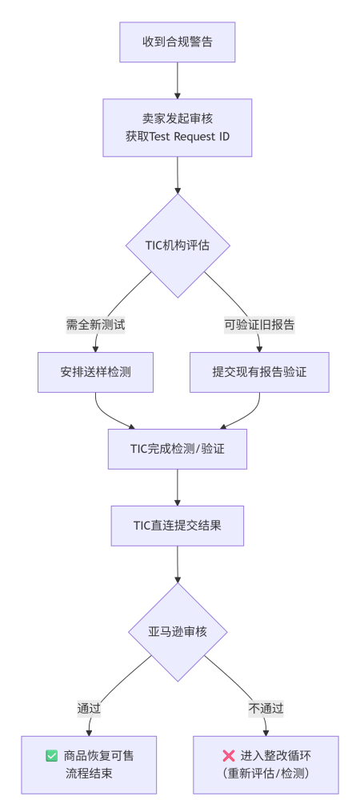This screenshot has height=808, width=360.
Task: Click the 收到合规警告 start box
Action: [177, 42]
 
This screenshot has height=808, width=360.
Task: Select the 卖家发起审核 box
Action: [177, 127]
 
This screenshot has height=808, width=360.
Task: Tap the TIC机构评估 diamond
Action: [177, 246]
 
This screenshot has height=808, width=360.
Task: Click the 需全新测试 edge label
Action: [95, 324]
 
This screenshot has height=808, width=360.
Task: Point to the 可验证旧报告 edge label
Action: [259, 324]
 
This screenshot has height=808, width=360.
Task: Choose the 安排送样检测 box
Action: [95, 372]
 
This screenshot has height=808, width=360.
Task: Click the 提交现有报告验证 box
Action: [259, 372]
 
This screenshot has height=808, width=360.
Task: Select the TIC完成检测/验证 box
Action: [177, 449]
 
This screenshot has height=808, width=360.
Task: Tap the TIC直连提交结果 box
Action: [177, 526]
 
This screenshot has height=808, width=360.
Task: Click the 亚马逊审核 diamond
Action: [177, 632]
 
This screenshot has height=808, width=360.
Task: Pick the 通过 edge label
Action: [89, 708]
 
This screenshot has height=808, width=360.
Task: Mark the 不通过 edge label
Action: [266, 708]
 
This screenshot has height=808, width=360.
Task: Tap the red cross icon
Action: [228, 755]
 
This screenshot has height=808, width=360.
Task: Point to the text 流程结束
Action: [89, 774]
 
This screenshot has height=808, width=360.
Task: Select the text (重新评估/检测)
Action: [266, 774]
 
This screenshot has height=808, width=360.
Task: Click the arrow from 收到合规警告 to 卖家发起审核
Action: [177, 80]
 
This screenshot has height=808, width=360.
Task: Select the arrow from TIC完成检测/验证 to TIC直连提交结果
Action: [177, 486]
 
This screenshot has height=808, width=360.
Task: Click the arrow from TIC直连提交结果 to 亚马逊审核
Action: [177, 564]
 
